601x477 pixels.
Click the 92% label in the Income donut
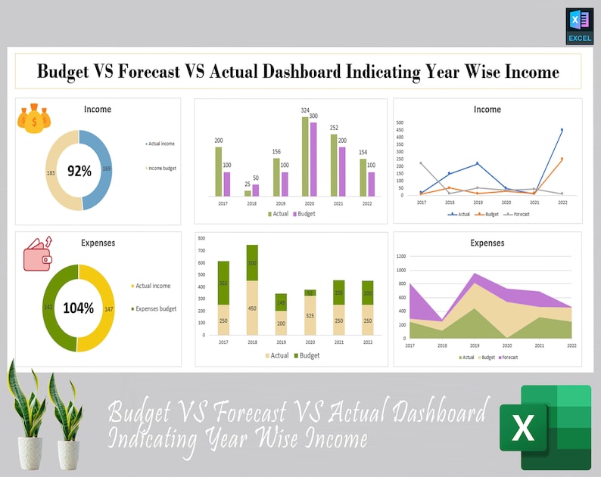point(79,171)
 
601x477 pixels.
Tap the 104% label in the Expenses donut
point(79,308)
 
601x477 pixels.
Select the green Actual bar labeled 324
point(305,156)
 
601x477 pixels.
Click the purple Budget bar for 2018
point(255,190)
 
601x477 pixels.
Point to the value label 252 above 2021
point(334,128)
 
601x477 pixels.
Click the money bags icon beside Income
point(34,119)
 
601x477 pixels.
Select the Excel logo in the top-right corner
point(579,26)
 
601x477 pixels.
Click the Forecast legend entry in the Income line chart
point(518,214)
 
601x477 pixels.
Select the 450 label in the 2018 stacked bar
point(252,308)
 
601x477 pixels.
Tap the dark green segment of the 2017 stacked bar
point(223,283)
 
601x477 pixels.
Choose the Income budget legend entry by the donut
point(160,168)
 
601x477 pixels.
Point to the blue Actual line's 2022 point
point(562,130)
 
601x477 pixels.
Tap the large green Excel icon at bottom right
point(545,427)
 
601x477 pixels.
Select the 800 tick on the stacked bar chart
point(201,237)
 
